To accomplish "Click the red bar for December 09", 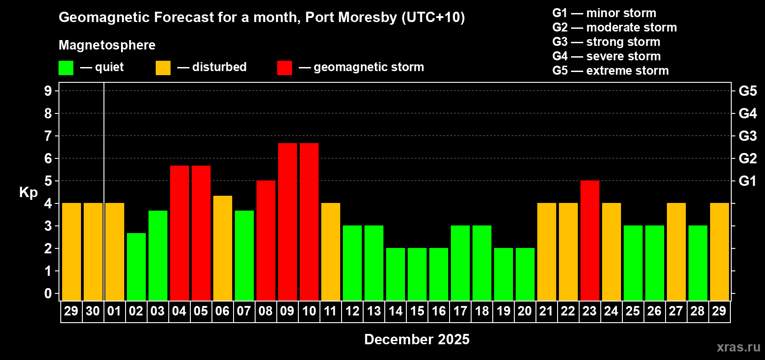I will (288, 221).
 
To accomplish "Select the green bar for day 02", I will (136, 266).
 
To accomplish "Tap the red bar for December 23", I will (590, 240).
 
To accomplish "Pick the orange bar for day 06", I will (223, 248).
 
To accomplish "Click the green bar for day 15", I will (417, 274).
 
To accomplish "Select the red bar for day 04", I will (180, 233).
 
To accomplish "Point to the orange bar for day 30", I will (93, 252).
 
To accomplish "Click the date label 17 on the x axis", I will (460, 311).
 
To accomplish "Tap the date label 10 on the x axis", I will (309, 311).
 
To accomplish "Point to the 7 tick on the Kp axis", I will (48, 136).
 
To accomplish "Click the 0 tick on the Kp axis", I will (48, 293).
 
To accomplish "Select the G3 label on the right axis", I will (747, 136).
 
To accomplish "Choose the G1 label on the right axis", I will (747, 181).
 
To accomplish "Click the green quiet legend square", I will (66, 68).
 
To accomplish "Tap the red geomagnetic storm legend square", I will (284, 68).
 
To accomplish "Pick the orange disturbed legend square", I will (163, 68).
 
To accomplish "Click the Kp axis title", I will (28, 192).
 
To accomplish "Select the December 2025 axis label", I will (417, 339).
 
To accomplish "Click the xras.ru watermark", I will (738, 347).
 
